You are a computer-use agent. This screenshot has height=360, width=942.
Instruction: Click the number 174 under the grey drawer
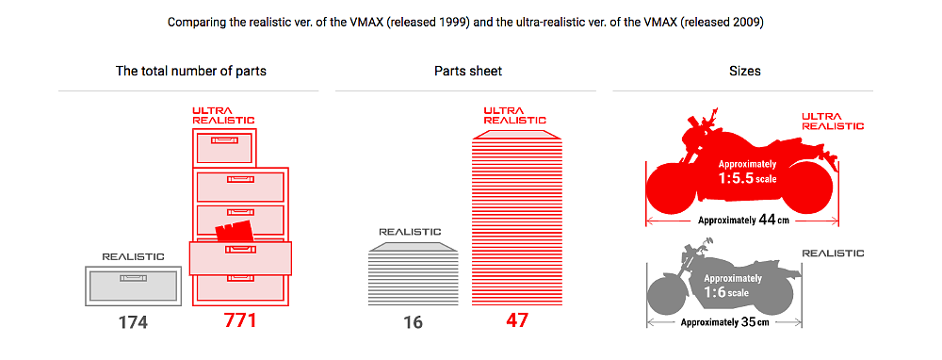pos(133,322)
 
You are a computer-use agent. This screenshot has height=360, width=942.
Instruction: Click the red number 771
pos(240,320)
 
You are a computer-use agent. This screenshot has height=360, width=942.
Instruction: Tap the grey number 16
pos(413,322)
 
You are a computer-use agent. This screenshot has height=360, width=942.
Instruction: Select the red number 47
pos(516,320)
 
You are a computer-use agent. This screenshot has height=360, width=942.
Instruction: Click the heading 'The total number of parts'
pos(188,71)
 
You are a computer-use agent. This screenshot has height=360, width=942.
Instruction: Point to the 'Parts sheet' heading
pos(468,71)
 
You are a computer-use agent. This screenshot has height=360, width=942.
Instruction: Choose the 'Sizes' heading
pos(745,71)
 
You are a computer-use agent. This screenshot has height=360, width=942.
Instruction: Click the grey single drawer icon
pos(133,285)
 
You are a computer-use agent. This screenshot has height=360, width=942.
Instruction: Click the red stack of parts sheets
pos(516,217)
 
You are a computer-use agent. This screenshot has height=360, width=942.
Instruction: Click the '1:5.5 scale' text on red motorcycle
pos(748,175)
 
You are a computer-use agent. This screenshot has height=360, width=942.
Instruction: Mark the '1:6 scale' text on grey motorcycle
pos(726,291)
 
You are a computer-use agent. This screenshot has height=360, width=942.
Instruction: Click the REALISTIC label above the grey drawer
pos(133,255)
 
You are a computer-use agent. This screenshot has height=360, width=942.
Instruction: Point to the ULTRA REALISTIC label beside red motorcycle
pos(833,121)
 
